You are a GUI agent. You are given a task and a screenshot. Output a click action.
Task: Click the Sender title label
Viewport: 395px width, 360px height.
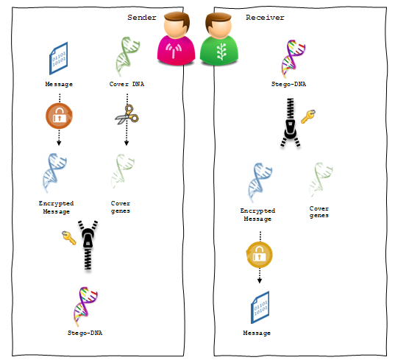point(142,18)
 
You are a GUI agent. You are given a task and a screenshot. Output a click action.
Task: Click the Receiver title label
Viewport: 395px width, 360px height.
point(265,18)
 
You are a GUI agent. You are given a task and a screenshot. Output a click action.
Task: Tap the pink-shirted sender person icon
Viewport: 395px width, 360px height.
point(176,38)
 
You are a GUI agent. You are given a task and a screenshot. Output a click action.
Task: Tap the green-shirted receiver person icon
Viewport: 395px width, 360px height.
point(219,39)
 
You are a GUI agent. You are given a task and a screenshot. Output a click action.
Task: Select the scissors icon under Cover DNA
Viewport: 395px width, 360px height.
point(127,115)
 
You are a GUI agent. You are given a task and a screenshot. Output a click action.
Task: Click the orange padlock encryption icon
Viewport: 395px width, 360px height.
point(59,116)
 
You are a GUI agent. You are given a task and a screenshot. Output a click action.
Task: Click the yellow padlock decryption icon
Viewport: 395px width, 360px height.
point(259,255)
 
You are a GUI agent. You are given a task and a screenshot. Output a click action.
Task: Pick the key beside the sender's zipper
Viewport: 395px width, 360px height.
point(68,238)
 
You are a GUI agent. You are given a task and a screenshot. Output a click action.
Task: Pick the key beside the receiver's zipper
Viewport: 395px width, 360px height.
point(308,116)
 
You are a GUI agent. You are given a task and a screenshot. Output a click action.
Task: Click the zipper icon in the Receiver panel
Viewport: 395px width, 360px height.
point(291,123)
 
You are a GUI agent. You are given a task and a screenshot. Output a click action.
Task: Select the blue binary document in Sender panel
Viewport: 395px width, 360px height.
point(58,58)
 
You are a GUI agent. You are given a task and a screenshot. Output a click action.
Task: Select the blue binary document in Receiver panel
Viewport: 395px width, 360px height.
point(260,308)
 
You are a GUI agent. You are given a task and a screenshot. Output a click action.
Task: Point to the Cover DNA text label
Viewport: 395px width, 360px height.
point(127,84)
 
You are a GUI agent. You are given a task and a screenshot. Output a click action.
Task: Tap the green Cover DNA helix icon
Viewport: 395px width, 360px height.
point(128,57)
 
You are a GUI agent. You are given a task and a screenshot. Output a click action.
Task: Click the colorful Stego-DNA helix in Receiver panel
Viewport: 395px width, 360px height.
point(293,59)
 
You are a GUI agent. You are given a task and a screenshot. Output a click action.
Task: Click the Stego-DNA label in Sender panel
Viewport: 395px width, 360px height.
point(85,333)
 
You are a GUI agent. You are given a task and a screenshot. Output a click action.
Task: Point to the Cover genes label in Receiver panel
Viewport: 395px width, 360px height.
point(319,212)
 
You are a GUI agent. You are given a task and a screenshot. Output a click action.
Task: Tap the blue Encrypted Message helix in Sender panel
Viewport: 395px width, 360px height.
point(54,173)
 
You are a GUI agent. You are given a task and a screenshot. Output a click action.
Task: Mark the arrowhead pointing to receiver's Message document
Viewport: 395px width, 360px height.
point(260,280)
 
